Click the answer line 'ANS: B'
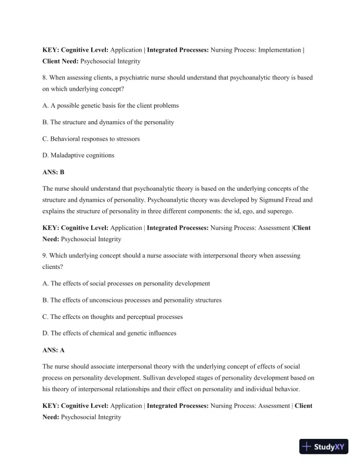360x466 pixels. click(53, 172)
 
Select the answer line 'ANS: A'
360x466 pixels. click(53, 350)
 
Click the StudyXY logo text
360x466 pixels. click(331, 447)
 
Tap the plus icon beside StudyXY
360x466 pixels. click(306, 447)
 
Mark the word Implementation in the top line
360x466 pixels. click(276, 50)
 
